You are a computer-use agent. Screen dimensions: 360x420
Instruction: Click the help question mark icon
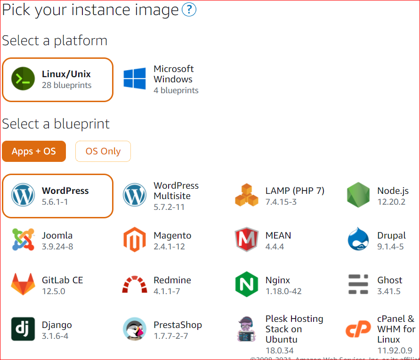[189, 10]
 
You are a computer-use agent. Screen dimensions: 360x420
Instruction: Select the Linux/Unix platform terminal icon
[23, 79]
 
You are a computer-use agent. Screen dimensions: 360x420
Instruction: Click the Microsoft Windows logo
[135, 79]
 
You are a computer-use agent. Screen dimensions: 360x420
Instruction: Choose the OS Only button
[103, 151]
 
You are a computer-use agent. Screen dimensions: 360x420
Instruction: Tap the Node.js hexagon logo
[358, 195]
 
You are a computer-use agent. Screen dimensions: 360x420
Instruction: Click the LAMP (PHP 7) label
[295, 191]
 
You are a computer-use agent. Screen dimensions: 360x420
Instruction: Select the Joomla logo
[23, 240]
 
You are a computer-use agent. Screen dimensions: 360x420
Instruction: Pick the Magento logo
[135, 240]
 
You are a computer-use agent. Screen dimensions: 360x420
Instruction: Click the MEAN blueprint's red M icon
[246, 240]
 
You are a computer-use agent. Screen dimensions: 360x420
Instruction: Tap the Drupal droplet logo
[358, 240]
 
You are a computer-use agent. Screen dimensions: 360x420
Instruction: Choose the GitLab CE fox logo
[23, 284]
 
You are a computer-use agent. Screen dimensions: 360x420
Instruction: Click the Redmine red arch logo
[135, 285]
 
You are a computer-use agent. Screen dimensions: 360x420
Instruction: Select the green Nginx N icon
[246, 284]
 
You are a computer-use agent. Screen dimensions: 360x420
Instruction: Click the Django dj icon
[23, 329]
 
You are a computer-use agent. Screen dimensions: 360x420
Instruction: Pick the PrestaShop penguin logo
[135, 329]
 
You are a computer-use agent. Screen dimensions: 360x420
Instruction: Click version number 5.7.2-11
[169, 207]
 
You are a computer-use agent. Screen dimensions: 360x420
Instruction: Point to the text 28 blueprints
[66, 85]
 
